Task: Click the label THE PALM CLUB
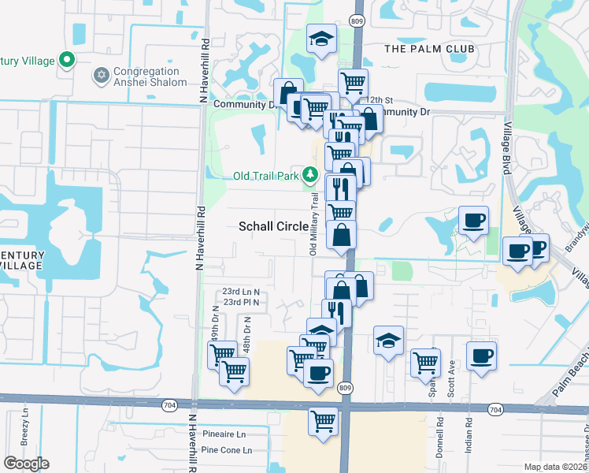click(x=429, y=49)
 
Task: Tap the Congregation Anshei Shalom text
click(x=150, y=76)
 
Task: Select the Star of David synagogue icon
click(x=100, y=76)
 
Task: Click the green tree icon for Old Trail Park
click(x=312, y=175)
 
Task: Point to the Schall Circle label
click(x=273, y=226)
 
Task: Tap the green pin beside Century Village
click(x=68, y=59)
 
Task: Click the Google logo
click(x=26, y=464)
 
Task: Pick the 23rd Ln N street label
click(x=241, y=291)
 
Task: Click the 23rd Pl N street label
click(x=241, y=302)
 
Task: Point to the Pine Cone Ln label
click(x=226, y=450)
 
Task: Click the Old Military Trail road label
click(x=313, y=225)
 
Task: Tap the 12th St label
click(x=379, y=100)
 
